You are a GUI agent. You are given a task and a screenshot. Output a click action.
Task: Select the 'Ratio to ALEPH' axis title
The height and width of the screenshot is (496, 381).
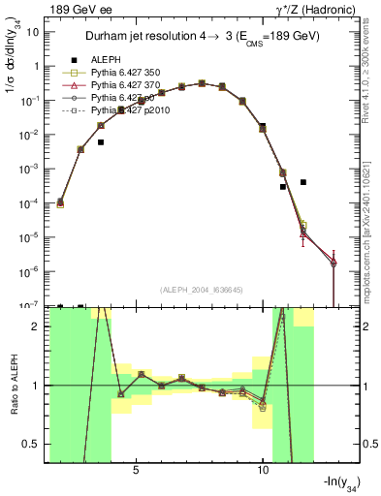[13, 386]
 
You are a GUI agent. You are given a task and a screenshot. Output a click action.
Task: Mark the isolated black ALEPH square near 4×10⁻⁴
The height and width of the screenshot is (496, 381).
[303, 182]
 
